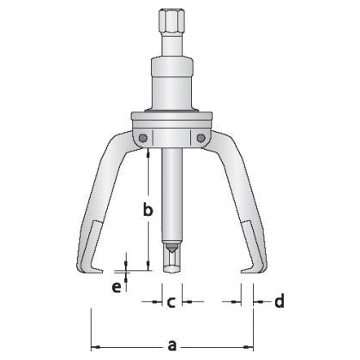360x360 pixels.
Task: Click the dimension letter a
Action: pos(171,345)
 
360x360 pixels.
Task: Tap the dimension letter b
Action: pos(147,209)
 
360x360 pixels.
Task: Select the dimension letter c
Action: pos(171,303)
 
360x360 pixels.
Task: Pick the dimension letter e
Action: pos(117,287)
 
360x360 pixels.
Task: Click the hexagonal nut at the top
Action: pos(172,22)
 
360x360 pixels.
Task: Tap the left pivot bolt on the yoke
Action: pos(143,138)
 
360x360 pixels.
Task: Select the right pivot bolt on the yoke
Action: pos(201,138)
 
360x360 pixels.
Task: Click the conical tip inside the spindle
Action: pos(171,249)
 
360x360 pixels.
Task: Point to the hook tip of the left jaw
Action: pos(100,272)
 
